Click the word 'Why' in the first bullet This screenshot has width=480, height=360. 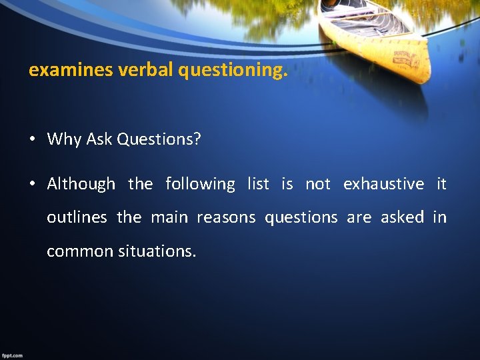[x=65, y=139]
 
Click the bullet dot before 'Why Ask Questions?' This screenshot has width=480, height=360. [x=32, y=140]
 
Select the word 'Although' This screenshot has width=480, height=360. [x=81, y=184]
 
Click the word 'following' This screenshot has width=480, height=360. [x=200, y=184]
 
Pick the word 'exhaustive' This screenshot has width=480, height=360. [x=383, y=184]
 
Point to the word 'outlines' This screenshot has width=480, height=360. [x=77, y=217]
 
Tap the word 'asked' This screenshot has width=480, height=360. [x=402, y=217]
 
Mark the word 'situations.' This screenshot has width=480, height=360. [x=157, y=251]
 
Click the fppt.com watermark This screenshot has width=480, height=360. [x=12, y=355]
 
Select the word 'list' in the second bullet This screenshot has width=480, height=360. [x=258, y=184]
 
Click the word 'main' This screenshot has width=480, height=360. [x=169, y=217]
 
